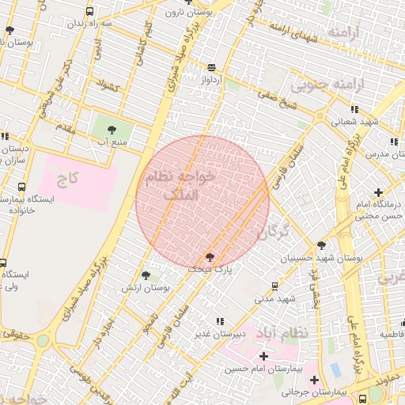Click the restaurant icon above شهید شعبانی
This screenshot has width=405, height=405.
pyautogui.click(x=354, y=109)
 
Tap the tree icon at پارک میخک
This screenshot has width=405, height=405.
pyautogui.click(x=210, y=256)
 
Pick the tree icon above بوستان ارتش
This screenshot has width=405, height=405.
pyautogui.click(x=145, y=275)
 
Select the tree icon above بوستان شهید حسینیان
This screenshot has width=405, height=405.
pyautogui.click(x=320, y=246)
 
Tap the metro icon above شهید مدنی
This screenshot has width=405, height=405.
pyautogui.click(x=274, y=286)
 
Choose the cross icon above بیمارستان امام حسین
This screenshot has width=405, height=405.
pyautogui.click(x=263, y=357)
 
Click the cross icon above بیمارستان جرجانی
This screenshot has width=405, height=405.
pyautogui.click(x=313, y=380)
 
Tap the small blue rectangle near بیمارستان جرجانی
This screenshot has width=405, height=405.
pyautogui.click(x=335, y=369)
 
